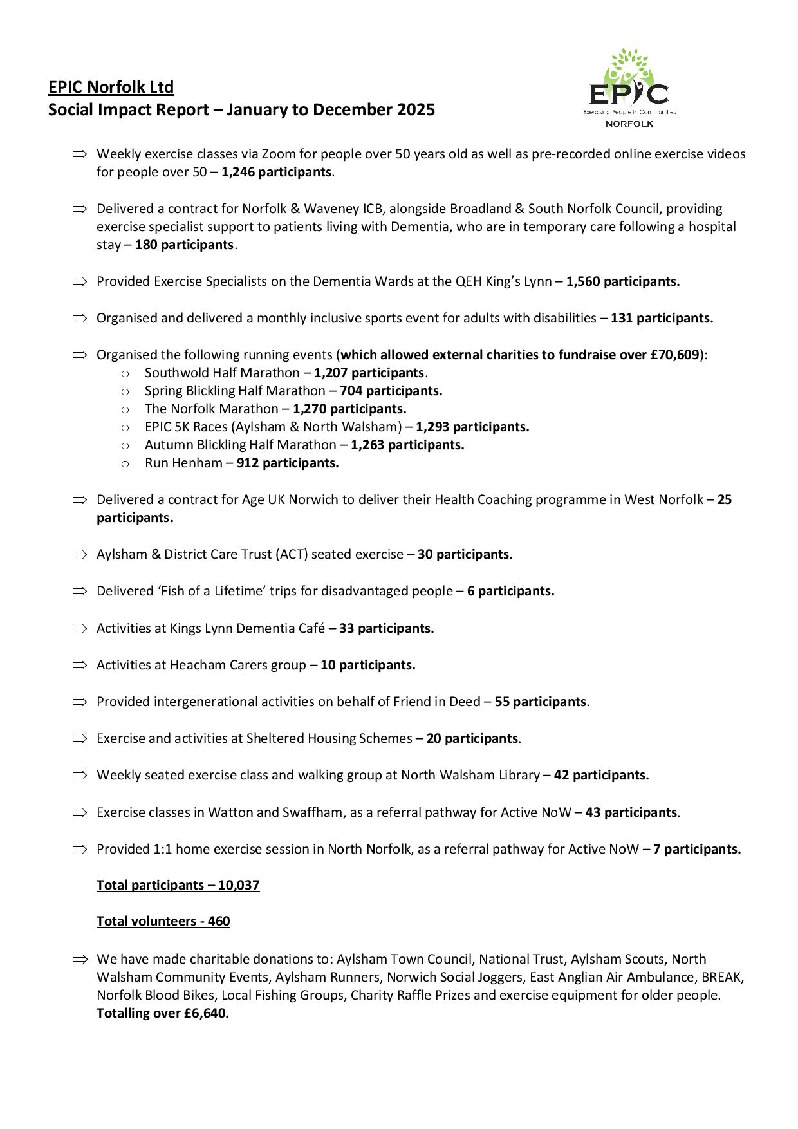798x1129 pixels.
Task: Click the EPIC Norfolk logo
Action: pyautogui.click(x=629, y=88)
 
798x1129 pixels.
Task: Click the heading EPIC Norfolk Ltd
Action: pyautogui.click(x=111, y=87)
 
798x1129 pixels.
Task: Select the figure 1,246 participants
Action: pyautogui.click(x=277, y=173)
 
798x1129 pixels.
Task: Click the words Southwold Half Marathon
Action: pyautogui.click(x=222, y=373)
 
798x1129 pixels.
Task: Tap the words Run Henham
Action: pyautogui.click(x=183, y=463)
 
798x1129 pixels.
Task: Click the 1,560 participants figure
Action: pyautogui.click(x=622, y=281)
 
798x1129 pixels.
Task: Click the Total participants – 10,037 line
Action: pyautogui.click(x=178, y=885)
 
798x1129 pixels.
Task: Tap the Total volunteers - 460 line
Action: pyautogui.click(x=163, y=921)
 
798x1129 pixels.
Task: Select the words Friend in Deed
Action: pyautogui.click(x=436, y=702)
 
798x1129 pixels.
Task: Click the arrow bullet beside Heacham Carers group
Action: pyautogui.click(x=79, y=665)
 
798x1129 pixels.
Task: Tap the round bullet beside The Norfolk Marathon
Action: pyautogui.click(x=125, y=409)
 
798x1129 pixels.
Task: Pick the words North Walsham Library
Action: pyautogui.click(x=470, y=775)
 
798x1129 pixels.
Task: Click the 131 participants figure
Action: pyautogui.click(x=661, y=318)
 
